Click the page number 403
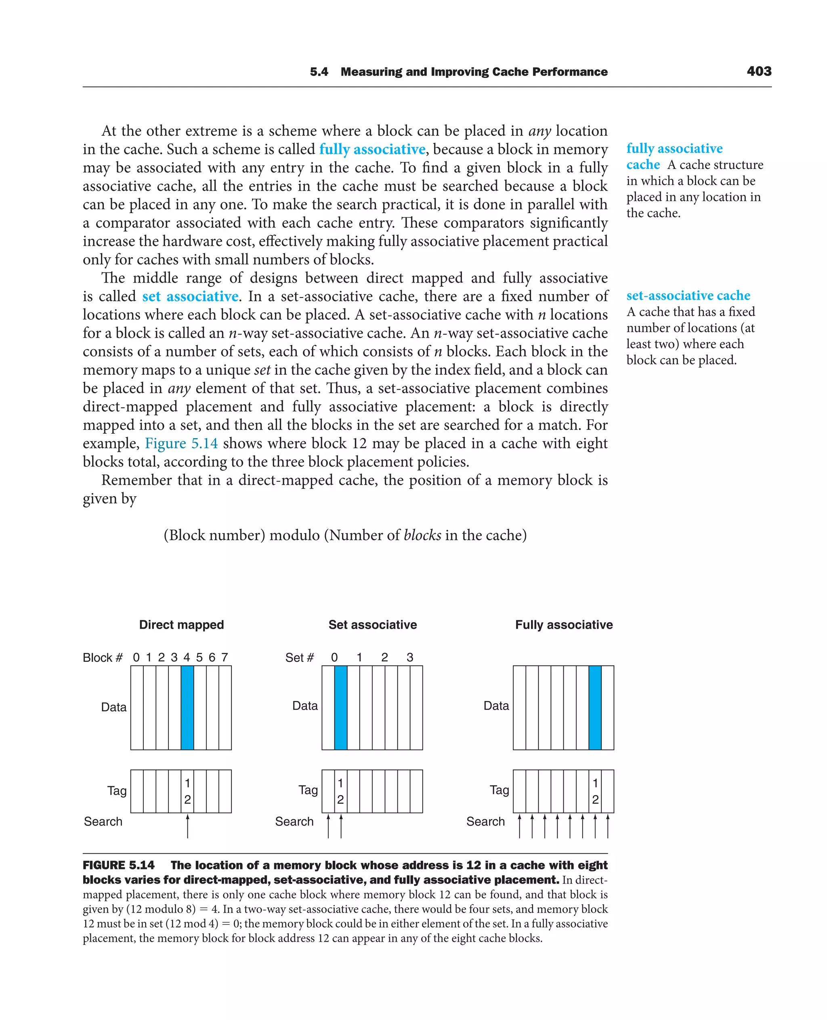click(x=759, y=71)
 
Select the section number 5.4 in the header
click(x=319, y=72)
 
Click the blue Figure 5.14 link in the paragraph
click(x=181, y=443)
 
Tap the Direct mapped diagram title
click(x=181, y=625)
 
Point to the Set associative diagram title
click(x=373, y=625)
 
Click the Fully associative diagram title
click(x=564, y=625)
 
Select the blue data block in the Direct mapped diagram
click(x=187, y=707)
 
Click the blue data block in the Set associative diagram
click(x=341, y=707)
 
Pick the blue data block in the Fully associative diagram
click(x=594, y=707)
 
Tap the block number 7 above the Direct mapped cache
click(x=225, y=657)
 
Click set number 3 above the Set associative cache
click(x=410, y=657)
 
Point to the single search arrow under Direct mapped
click(x=188, y=826)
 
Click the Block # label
click(x=103, y=658)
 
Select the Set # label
click(x=299, y=658)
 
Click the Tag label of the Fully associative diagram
click(x=499, y=790)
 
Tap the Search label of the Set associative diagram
click(x=294, y=821)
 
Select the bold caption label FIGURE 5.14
click(x=119, y=865)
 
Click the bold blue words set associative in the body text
click(x=190, y=296)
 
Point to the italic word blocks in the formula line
click(x=422, y=535)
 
